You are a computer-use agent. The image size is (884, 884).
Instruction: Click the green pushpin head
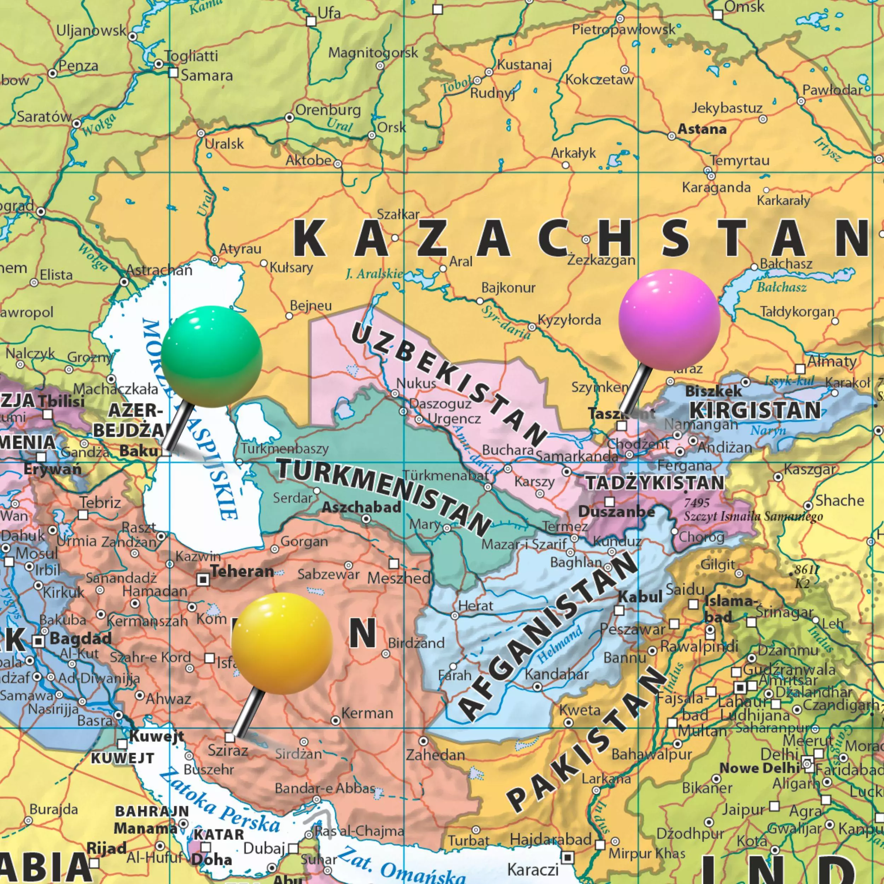pos(211,356)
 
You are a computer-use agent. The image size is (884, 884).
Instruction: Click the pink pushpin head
pos(669,319)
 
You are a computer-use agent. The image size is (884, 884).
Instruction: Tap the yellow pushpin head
pos(281,643)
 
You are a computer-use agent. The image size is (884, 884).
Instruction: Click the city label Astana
pos(702,129)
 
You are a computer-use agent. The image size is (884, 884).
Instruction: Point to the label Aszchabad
pos(361,507)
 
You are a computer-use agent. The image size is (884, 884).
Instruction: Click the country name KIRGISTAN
pos(755,410)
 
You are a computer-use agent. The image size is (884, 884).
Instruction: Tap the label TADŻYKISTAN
pos(655,483)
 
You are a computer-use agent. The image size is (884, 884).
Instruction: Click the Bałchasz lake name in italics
pos(781,287)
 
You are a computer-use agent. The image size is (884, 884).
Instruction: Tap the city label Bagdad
pos(81,638)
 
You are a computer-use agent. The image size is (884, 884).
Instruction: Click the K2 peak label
pos(802,583)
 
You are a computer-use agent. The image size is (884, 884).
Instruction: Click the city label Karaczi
pos(533,868)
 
